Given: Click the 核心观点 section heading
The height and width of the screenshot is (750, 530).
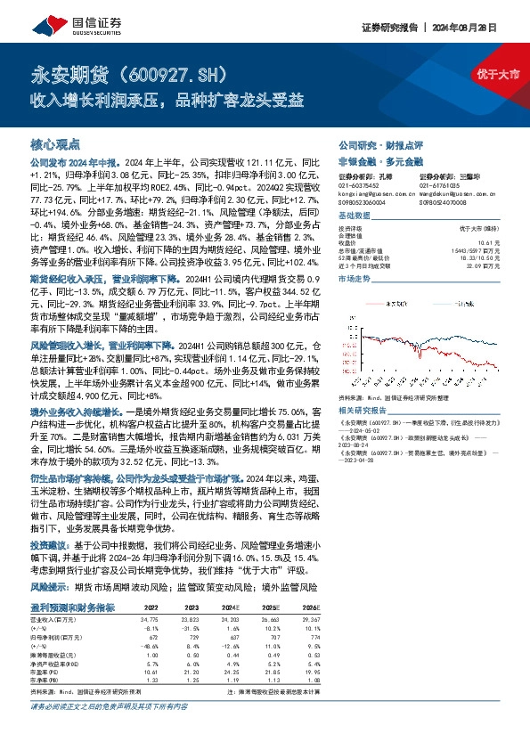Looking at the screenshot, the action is [x=55, y=143].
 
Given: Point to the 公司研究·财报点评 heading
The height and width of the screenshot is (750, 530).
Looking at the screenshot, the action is [x=371, y=144].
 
